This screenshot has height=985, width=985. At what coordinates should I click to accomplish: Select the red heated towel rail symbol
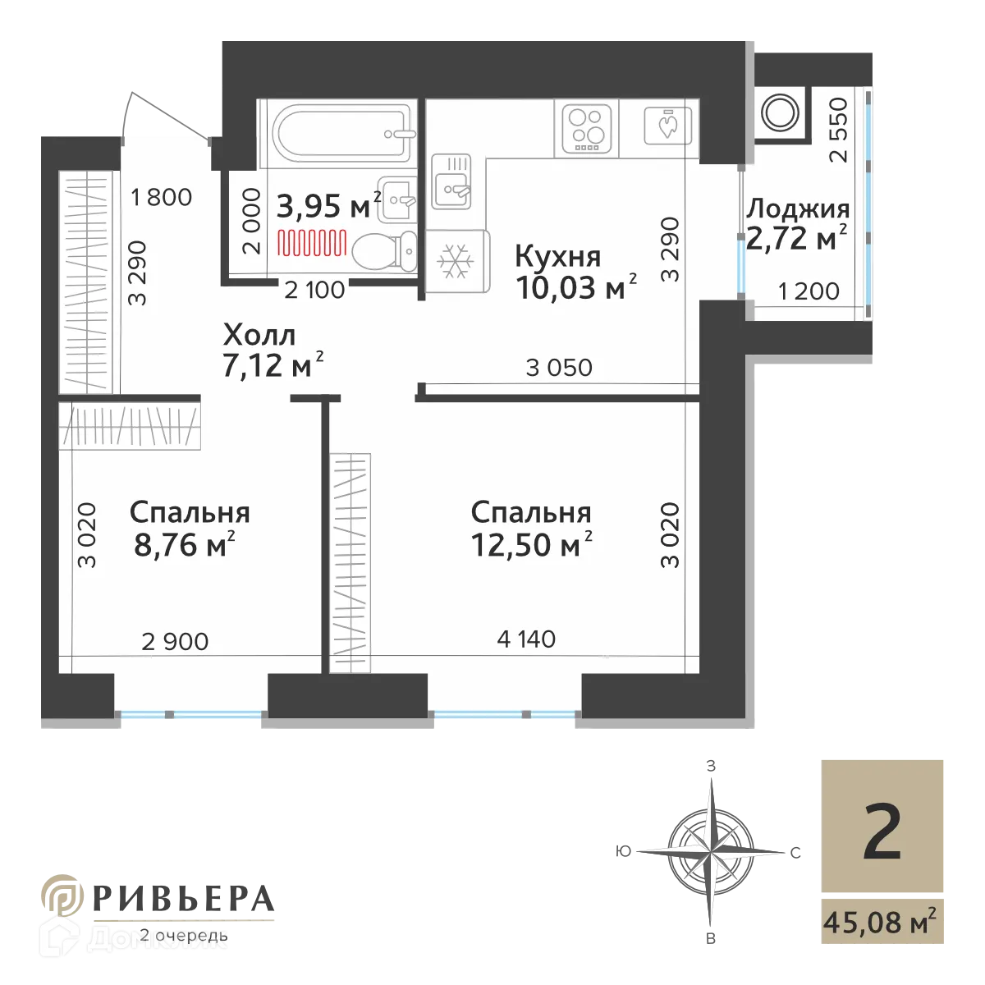click(312, 242)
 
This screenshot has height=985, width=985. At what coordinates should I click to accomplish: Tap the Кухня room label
click(557, 257)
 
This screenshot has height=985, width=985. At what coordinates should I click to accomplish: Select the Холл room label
click(259, 335)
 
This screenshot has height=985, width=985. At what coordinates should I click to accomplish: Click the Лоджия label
click(797, 209)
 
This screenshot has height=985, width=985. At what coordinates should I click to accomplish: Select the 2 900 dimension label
click(175, 641)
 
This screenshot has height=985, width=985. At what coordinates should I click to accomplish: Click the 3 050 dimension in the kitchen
click(558, 367)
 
